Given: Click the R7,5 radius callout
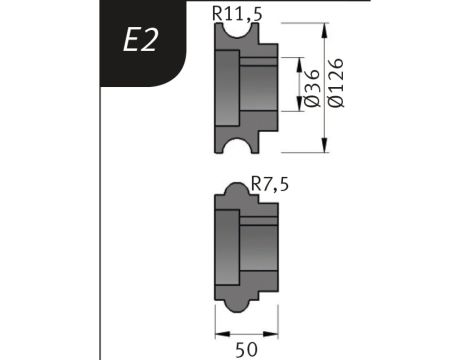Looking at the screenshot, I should pyautogui.click(x=270, y=184).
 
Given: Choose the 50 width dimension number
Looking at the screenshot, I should pyautogui.click(x=245, y=346).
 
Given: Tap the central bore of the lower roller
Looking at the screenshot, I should pyautogui.click(x=258, y=242).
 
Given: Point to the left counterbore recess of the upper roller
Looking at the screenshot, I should pyautogui.click(x=229, y=89).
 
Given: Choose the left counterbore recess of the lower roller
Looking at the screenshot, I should pyautogui.click(x=229, y=242).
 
